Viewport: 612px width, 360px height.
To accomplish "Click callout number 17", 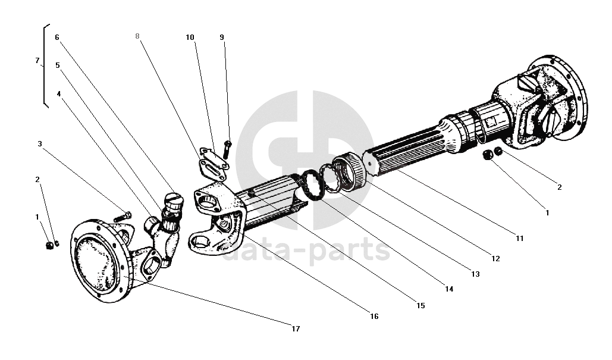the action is pos(296,329).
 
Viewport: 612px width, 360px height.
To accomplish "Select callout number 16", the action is pos(374,317).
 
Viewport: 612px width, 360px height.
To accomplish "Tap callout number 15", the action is pos(420,305).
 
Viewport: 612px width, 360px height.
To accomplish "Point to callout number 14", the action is pos(449,289).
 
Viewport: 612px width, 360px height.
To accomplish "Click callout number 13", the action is pos(475,274).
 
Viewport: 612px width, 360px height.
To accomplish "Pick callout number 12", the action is pos(495,258).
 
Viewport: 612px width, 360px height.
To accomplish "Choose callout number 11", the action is pos(519,238).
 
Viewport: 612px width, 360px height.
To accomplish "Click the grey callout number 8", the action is pos(137,36).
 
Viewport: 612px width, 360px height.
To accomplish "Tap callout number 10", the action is pos(190,37).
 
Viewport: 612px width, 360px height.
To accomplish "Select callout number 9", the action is pos(222,37).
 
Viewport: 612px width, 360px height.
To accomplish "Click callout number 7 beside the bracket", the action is pos(37,61).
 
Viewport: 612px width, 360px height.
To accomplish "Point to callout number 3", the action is pos(39,143).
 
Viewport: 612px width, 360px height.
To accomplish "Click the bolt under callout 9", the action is pos(227,149).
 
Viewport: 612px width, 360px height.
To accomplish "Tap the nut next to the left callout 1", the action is pos(49,246).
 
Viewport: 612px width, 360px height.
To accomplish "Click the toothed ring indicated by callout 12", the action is pos(349,171).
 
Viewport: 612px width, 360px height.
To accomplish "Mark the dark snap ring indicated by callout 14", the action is pos(310,186).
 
